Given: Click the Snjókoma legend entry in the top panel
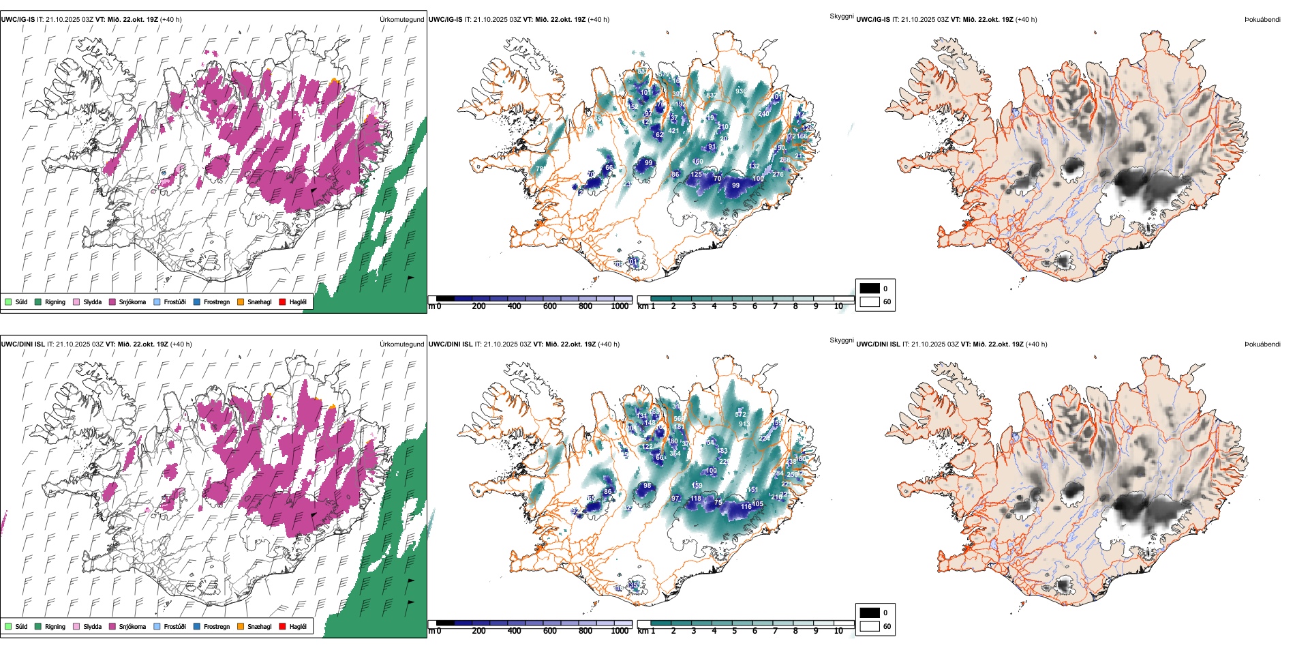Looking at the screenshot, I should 132,301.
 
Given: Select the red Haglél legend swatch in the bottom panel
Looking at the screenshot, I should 282,626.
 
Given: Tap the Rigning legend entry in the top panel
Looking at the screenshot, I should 55,301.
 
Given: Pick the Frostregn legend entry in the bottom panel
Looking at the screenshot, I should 216,626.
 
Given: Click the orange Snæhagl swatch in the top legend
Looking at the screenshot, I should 241,301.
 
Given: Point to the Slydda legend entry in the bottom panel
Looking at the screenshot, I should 92,626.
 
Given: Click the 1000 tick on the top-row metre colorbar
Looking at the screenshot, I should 620,306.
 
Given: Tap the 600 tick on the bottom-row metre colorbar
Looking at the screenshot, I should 550,631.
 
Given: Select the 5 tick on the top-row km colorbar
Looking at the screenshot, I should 734,306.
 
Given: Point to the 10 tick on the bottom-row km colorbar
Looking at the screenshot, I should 838,631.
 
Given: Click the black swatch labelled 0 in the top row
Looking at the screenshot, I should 870,289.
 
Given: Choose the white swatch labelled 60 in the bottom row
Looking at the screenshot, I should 870,626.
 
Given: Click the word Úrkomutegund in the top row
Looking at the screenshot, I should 401,20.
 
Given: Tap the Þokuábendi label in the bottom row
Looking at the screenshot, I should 1262,344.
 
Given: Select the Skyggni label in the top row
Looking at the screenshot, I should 841,16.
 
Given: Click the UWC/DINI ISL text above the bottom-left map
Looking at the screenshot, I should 22,344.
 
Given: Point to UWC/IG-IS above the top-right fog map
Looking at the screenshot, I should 873,20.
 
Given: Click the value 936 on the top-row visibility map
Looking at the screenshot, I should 741,91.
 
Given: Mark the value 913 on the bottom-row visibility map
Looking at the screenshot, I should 744,424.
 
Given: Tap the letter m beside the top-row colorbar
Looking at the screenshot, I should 431,306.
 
